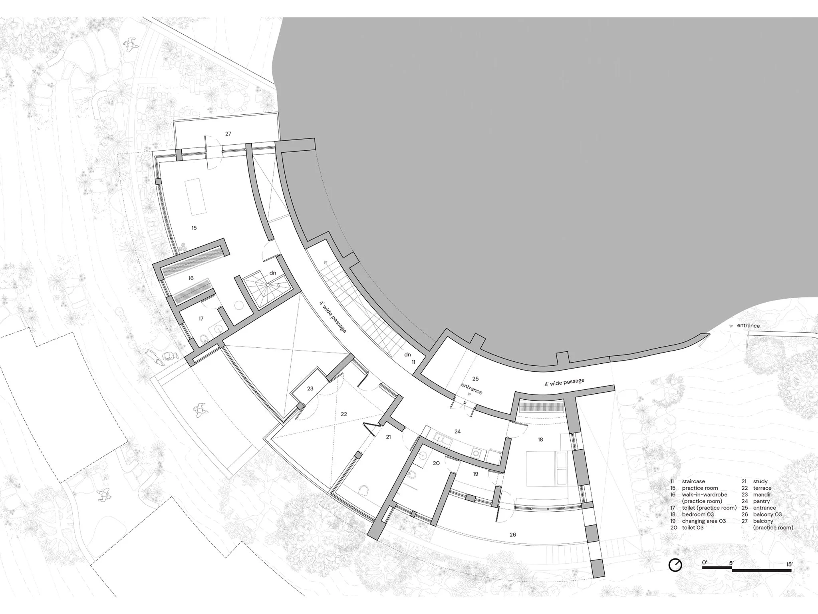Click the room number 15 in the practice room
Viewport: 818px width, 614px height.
[x=194, y=228]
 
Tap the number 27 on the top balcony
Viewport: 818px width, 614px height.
[x=228, y=134]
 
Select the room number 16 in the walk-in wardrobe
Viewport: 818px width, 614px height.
[x=191, y=278]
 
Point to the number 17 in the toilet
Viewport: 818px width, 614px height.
[x=201, y=319]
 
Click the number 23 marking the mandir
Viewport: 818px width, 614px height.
[x=310, y=388]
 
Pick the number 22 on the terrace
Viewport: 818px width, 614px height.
[x=344, y=414]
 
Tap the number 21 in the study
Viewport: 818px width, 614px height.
[x=388, y=437]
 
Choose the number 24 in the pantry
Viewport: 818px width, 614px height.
[x=458, y=431]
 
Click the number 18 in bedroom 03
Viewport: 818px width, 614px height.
[x=540, y=439]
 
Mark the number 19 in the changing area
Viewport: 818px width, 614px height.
[x=475, y=474]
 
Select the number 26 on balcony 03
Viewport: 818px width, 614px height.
[x=513, y=534]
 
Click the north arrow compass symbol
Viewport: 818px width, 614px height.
[x=675, y=565]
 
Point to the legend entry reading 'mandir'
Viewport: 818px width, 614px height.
[x=762, y=494]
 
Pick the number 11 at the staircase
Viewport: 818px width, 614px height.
[x=413, y=362]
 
